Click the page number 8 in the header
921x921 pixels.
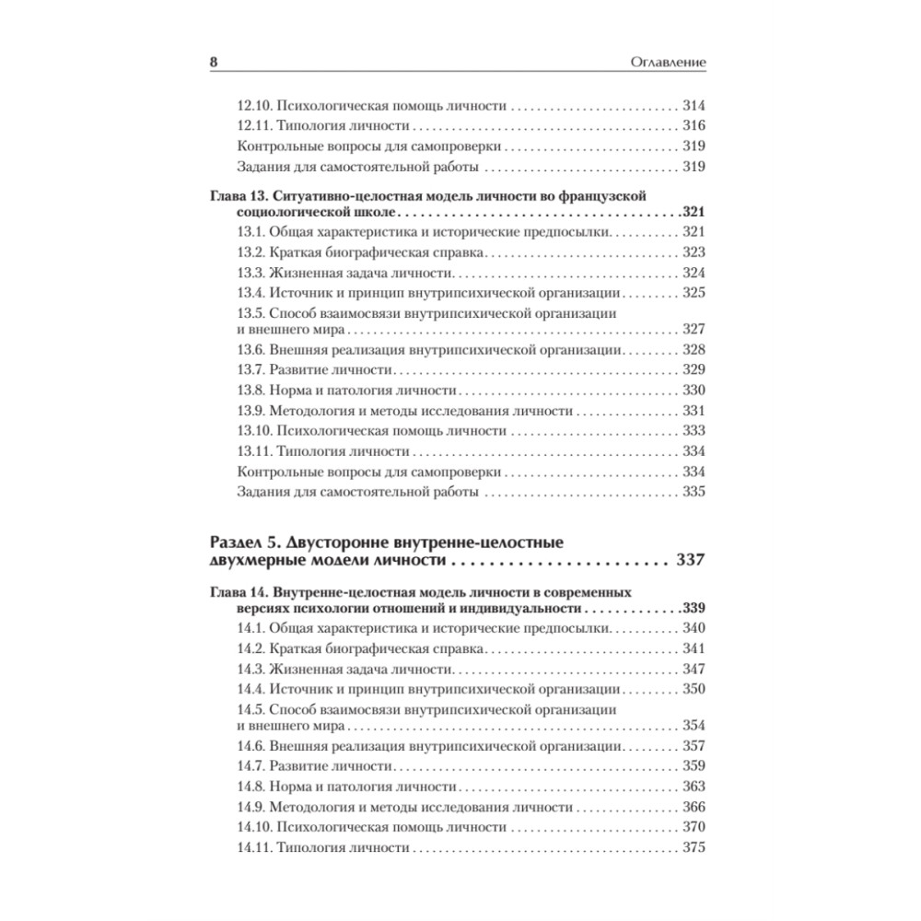click(x=214, y=63)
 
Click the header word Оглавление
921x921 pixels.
click(x=667, y=63)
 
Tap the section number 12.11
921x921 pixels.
click(x=254, y=125)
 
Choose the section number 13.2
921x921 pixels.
click(x=251, y=251)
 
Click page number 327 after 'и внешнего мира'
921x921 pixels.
click(x=694, y=330)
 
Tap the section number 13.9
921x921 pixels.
click(x=251, y=411)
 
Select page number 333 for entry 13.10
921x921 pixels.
click(x=694, y=431)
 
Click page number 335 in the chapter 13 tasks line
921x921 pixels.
click(x=694, y=492)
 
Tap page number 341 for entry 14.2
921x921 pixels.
click(x=694, y=648)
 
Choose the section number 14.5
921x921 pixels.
click(x=251, y=710)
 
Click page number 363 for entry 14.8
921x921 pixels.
click(x=694, y=787)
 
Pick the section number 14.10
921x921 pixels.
click(x=254, y=827)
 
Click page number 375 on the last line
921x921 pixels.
click(x=694, y=847)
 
